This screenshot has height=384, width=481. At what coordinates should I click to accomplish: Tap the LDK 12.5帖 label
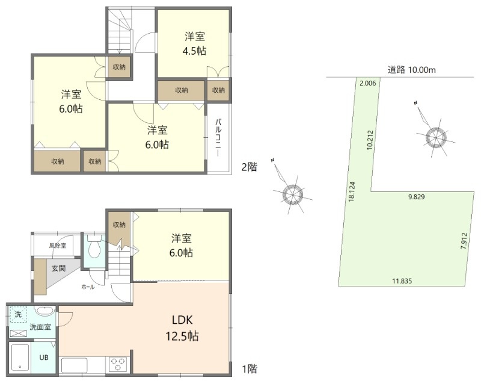[x=182, y=328]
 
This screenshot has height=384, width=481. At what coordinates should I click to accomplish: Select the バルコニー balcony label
[x=218, y=137]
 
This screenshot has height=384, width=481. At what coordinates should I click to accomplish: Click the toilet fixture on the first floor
[x=94, y=247]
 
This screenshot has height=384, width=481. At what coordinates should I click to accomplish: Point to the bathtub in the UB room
[x=20, y=358]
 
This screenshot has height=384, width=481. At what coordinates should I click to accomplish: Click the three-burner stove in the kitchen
[x=118, y=364]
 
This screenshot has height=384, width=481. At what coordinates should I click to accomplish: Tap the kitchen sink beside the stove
[x=75, y=365]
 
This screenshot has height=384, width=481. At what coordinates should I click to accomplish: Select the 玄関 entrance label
[x=58, y=268]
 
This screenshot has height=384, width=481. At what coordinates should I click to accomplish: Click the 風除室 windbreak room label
[x=57, y=246]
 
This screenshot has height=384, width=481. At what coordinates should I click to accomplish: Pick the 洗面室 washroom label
[x=40, y=327]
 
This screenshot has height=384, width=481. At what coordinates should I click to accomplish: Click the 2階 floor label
[x=249, y=167]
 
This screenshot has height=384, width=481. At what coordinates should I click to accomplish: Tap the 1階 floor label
[x=250, y=368]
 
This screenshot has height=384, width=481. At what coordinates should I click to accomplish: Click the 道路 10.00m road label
[x=411, y=70]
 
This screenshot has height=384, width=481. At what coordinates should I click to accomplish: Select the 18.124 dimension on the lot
[x=352, y=191]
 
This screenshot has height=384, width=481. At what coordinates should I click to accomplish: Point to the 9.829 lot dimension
[x=416, y=197]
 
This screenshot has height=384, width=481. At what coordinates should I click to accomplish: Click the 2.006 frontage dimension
[x=367, y=83]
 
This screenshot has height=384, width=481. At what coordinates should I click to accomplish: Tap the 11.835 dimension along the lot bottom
[x=402, y=281]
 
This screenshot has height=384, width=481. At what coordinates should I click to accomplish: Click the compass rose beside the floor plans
[x=292, y=194]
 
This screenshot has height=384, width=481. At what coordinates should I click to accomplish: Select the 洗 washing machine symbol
[x=18, y=314]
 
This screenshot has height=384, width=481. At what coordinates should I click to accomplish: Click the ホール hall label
[x=88, y=287]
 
